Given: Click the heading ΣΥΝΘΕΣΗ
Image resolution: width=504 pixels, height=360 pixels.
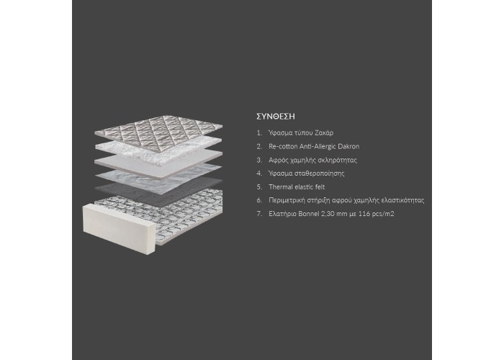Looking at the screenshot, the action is [x=276, y=117].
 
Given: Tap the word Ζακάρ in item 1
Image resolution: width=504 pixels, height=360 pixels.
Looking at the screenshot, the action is [x=324, y=132].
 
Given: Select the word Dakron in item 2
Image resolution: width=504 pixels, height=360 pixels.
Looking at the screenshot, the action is [x=348, y=146].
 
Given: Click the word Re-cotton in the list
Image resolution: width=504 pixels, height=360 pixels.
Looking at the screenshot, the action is [x=283, y=146].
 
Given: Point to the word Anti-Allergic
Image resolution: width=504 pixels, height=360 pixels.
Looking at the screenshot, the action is [x=318, y=146].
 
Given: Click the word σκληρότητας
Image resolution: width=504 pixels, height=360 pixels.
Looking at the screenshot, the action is [x=338, y=160].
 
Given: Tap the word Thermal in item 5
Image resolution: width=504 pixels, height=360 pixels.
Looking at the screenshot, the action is [x=280, y=186].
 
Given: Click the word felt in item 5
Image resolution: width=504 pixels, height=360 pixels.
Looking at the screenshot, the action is [x=320, y=186].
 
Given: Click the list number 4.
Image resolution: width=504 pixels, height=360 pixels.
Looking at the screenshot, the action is [x=259, y=174].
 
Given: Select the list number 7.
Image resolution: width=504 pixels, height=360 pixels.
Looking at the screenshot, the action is [x=259, y=214].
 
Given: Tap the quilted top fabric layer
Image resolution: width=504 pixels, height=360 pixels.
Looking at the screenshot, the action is [x=158, y=131].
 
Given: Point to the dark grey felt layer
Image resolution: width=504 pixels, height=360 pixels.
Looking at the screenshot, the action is [x=158, y=190].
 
